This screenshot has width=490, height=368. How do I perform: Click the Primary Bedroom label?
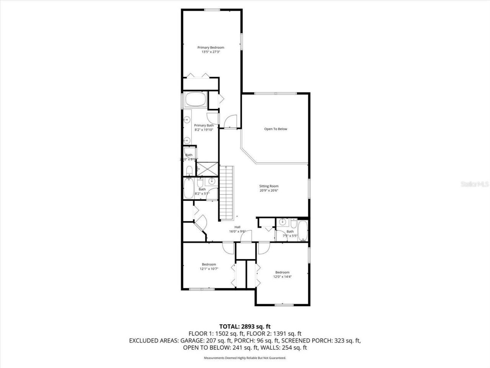click(x=211, y=48)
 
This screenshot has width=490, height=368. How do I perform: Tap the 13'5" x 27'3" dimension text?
click(x=211, y=52)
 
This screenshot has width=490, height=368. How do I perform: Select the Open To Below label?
click(x=275, y=129)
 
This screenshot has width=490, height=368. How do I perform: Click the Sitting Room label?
click(x=269, y=186)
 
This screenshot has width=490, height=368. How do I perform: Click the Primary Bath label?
click(x=204, y=125)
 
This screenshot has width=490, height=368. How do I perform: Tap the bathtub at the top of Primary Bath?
click(x=196, y=100)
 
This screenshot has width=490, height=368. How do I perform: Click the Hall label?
click(x=237, y=227)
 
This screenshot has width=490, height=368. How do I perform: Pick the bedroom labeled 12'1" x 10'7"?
click(x=209, y=266)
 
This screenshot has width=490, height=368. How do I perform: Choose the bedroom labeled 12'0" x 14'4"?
click(x=282, y=274)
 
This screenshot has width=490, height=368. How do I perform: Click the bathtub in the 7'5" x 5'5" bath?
click(x=303, y=231)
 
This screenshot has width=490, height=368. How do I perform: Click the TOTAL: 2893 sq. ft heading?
click(x=245, y=327)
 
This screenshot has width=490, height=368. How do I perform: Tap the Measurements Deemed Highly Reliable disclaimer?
click(x=245, y=358)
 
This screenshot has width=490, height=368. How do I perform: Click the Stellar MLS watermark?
click(x=475, y=184)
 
